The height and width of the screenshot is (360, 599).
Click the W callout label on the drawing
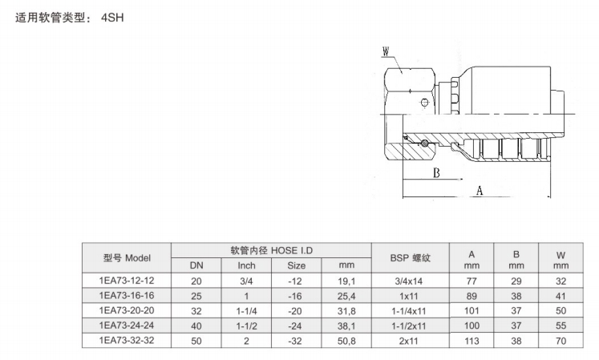coord(386,51)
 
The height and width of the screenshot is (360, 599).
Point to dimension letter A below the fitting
coord(480,190)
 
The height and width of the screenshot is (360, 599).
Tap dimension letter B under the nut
coord(436,173)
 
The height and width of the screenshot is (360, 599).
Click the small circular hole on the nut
coord(424,103)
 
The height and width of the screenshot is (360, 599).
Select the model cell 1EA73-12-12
coord(127,281)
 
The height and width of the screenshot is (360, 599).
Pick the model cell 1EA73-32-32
coord(127,341)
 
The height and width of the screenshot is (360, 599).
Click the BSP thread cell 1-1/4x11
coord(409,311)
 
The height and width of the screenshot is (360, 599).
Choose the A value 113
coord(472,341)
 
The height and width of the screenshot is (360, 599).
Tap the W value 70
coord(561,341)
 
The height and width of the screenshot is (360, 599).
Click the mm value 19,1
coord(346,281)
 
